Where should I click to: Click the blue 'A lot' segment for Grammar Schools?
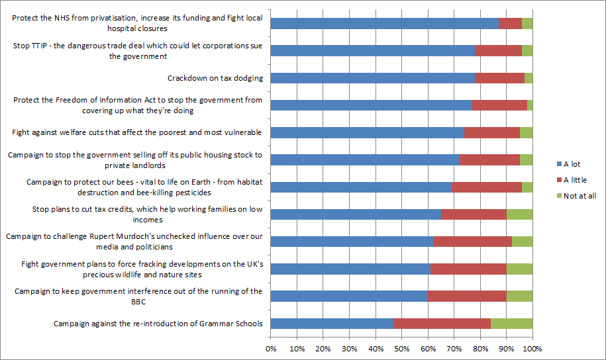[332, 324]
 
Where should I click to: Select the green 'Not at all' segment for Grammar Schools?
[511, 324]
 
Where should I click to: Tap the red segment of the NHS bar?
[510, 23]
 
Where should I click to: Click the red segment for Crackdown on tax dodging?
[499, 78]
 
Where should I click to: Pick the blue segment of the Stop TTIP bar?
[373, 50]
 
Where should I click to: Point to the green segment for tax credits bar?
[519, 214]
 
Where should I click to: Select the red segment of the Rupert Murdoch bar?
[472, 242]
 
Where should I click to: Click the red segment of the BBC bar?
[467, 296]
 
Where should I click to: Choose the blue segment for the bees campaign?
[361, 187]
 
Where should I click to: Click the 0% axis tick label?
[271, 349]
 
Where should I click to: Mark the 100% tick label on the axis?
[532, 349]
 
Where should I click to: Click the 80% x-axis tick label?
[480, 349]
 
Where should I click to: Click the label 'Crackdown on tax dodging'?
[215, 78]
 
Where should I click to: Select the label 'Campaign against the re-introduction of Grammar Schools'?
[158, 324]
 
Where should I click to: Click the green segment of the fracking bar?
[519, 269]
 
